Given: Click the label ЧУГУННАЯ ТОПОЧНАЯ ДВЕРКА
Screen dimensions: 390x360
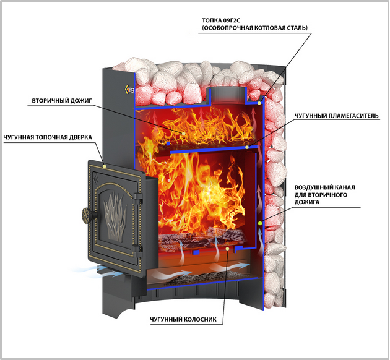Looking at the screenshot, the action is [x=48, y=137].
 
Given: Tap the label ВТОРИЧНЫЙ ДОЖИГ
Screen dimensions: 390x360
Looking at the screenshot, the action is [x=62, y=101].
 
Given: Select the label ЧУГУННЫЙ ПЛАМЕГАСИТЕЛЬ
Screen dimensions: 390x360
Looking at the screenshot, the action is [x=337, y=116].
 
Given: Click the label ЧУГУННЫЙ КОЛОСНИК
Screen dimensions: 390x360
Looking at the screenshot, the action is [x=183, y=319].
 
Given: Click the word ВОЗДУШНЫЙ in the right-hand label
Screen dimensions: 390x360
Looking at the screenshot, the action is [x=311, y=187].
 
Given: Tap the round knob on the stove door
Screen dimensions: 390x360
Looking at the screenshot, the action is [x=88, y=214].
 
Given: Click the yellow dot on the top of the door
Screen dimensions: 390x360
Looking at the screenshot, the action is [x=104, y=166].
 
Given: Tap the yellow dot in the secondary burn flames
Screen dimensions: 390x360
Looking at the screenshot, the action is [x=184, y=134].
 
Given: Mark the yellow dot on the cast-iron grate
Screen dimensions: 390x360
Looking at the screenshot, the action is [x=227, y=249].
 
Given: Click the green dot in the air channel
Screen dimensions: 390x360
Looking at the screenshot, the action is [x=260, y=223].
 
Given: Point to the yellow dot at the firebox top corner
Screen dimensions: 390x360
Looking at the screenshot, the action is [x=259, y=103].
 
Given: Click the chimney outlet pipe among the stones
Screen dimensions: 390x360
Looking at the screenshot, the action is [x=226, y=96].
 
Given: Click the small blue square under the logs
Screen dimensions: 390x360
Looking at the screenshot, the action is [x=196, y=252].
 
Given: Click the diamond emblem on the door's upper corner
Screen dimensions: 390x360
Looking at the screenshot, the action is [x=95, y=178].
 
